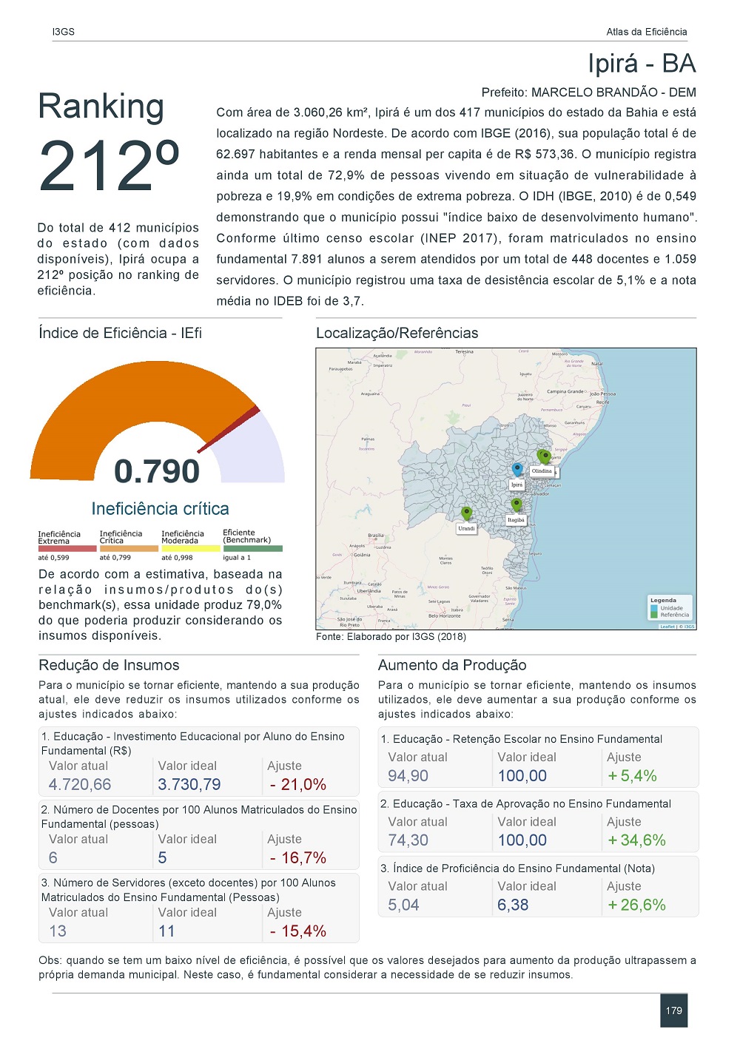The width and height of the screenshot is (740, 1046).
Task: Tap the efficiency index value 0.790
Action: coord(157,471)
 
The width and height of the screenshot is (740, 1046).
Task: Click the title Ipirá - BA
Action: coord(642,64)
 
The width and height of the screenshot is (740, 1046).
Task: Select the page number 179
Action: coord(673,1010)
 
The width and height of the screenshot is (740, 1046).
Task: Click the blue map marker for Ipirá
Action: coord(517,469)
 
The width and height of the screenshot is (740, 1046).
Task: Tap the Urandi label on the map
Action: coord(466,528)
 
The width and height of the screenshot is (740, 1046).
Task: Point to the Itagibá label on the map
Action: coord(516,520)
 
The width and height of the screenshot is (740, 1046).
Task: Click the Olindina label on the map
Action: coord(542,471)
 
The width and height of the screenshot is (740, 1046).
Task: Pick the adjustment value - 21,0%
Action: coord(297,785)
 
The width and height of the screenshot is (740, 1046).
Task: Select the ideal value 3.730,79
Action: coord(189,785)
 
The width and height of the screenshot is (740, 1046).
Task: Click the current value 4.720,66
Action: coord(80,785)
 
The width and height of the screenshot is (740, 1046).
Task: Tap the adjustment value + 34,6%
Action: coord(636,840)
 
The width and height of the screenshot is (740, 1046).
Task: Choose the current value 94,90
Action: coord(408,776)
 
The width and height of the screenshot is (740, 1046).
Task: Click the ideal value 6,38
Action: coord(513,905)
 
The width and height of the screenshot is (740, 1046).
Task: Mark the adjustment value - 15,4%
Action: coord(297,931)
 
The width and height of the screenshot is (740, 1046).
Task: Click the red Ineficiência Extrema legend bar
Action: coord(67,549)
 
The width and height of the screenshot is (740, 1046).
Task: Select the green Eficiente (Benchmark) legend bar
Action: coord(252,548)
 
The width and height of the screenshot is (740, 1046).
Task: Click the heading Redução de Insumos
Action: coord(109,665)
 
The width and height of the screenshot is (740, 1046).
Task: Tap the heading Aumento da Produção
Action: coord(452,665)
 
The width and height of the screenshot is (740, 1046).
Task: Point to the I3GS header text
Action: coord(64,32)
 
